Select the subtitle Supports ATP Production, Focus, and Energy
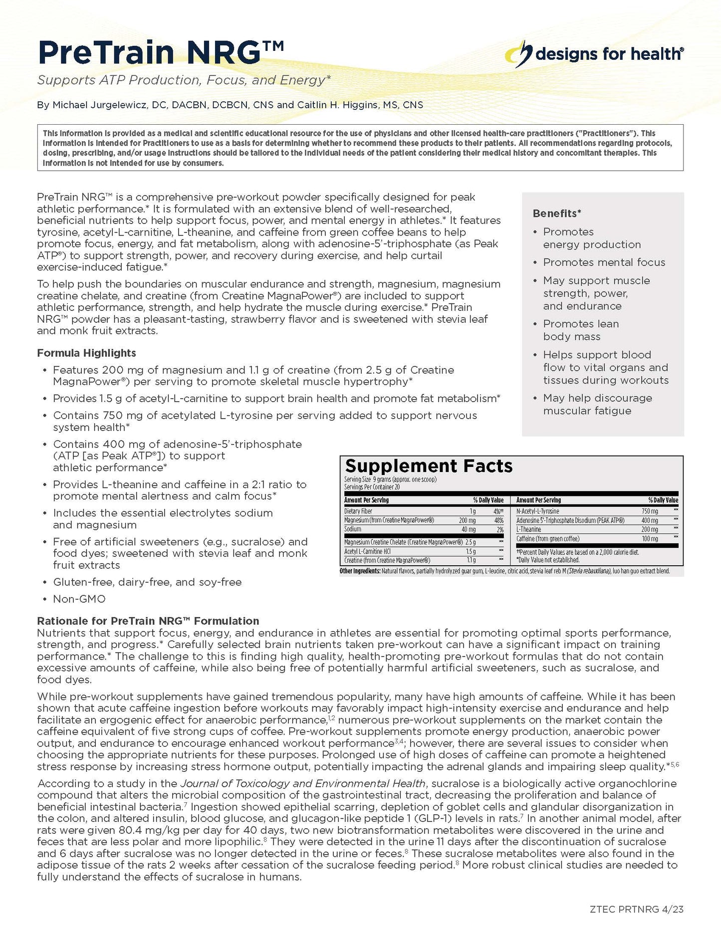[x=184, y=80]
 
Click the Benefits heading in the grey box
[x=557, y=214]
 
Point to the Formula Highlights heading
[x=86, y=353]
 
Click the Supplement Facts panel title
[x=429, y=466]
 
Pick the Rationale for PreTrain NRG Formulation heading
[x=148, y=621]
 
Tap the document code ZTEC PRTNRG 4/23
[x=636, y=909]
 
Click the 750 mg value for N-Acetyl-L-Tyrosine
[x=650, y=511]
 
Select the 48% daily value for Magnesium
[x=498, y=520]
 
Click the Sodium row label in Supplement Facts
[x=353, y=529]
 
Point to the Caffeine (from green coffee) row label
[x=547, y=539]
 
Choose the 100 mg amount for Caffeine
[x=650, y=539]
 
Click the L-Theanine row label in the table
[x=528, y=529]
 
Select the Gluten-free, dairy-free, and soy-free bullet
[x=147, y=582]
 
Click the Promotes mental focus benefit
[x=604, y=262]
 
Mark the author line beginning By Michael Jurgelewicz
[x=230, y=105]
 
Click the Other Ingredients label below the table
[x=360, y=571]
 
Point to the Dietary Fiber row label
[x=358, y=511]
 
